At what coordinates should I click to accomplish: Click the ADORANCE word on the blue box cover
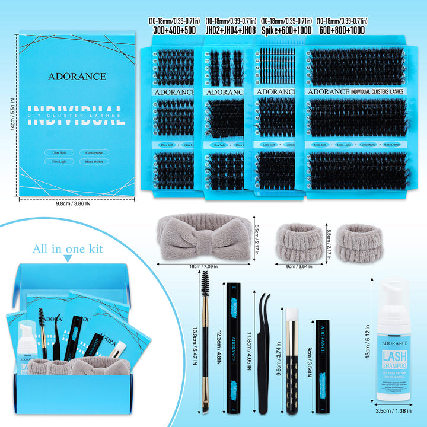pos(78,77)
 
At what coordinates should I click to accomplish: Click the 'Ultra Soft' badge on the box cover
pos(59,152)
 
